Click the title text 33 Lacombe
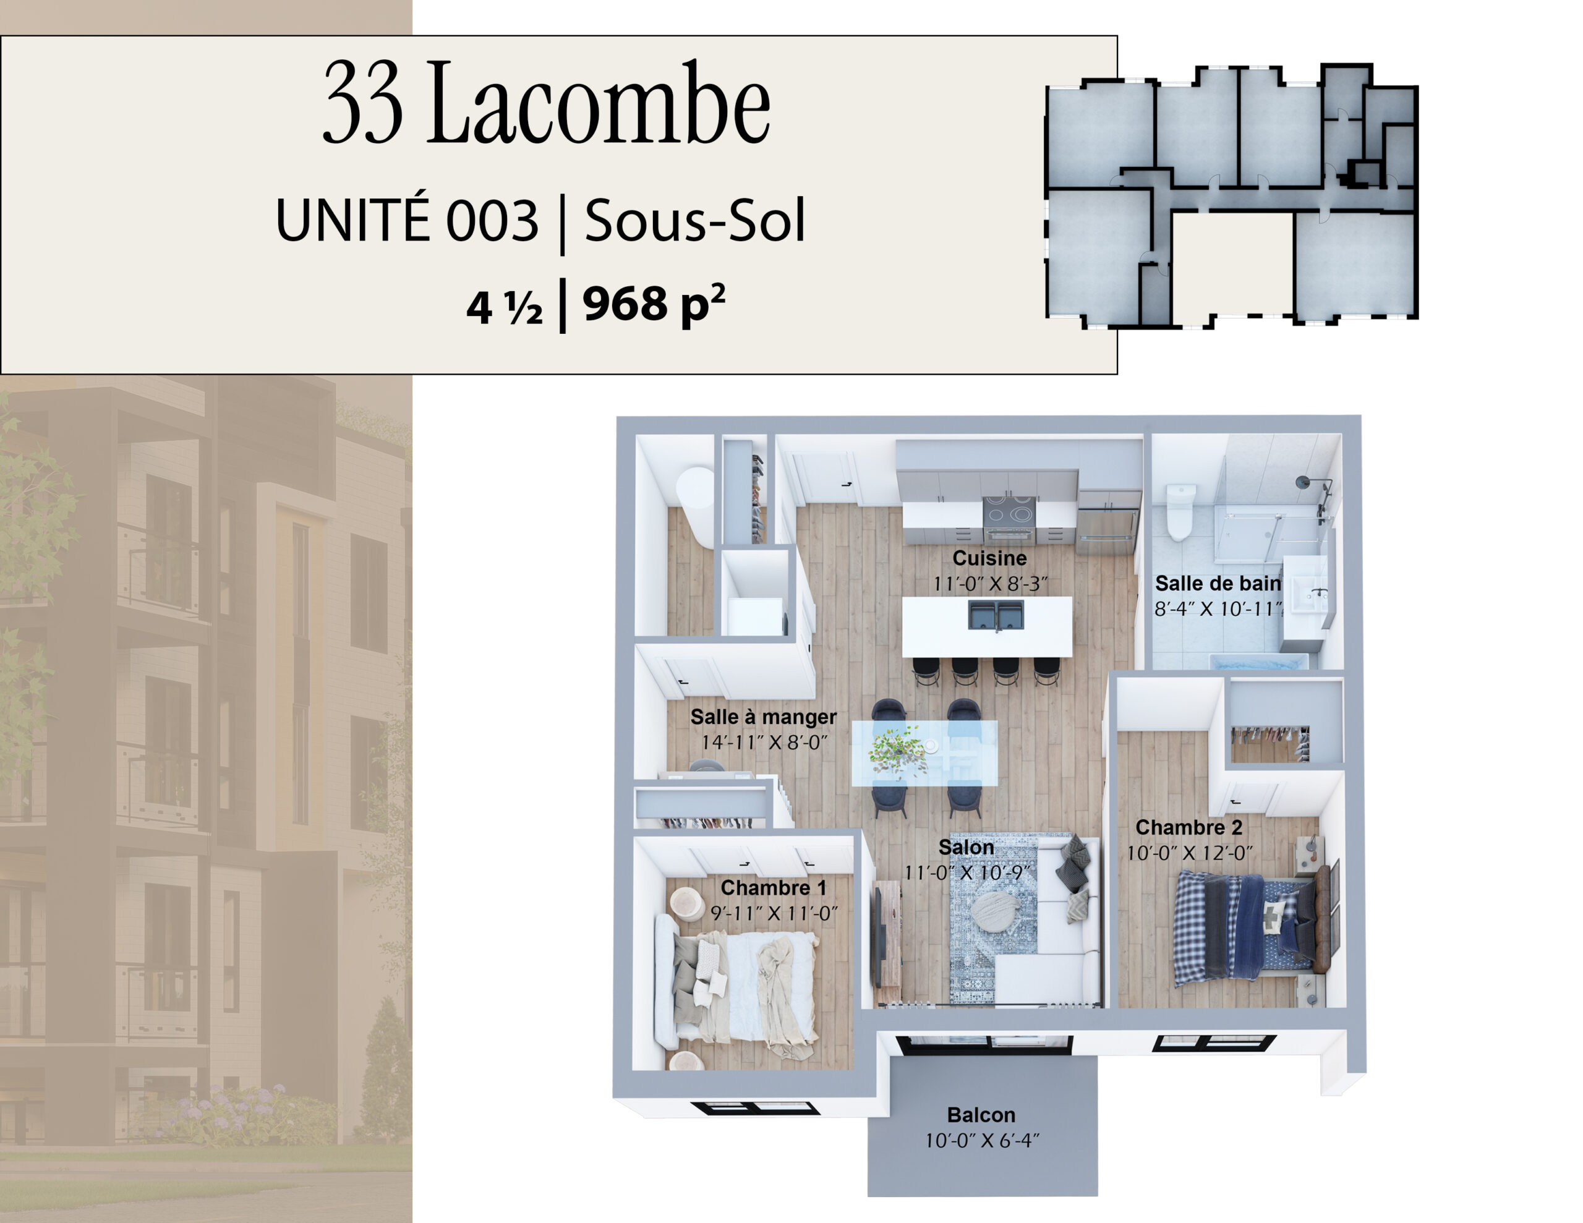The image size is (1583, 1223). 546,102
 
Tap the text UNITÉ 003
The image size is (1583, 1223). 407,219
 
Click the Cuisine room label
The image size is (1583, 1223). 989,558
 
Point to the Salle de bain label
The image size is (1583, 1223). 1218,583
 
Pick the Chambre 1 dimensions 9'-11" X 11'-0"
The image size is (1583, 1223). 774,913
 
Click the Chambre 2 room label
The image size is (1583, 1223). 1188,827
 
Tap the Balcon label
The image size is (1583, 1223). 981,1115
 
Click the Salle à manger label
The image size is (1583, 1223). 763,717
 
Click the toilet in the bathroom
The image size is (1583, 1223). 1179,511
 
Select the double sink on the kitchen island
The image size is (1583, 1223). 996,615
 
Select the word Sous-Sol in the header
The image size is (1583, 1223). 695,220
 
